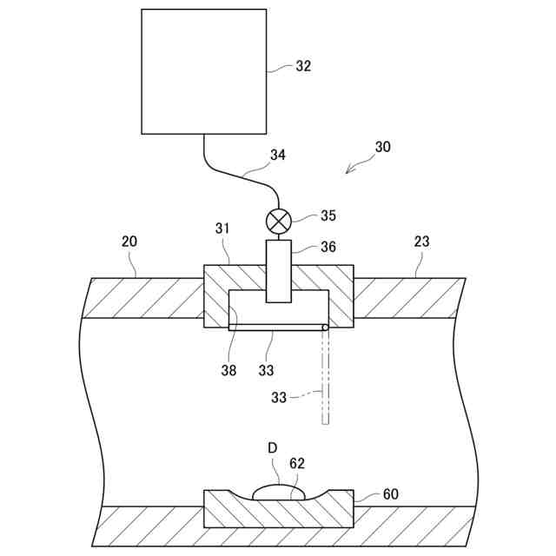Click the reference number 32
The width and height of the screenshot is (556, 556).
point(302,66)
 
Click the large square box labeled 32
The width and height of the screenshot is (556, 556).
point(204,71)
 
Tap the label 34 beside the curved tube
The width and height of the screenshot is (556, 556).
point(278,155)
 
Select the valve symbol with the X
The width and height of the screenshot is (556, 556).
point(278,221)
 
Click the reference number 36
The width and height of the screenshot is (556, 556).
point(328,247)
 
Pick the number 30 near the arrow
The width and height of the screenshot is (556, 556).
point(382,147)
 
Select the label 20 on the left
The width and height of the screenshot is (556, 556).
point(129,242)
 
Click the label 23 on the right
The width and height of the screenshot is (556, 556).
point(422,242)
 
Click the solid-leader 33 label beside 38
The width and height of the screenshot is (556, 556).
point(266,369)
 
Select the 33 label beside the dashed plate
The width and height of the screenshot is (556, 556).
point(280,399)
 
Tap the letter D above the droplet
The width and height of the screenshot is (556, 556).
point(272,447)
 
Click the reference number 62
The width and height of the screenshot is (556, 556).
point(297,464)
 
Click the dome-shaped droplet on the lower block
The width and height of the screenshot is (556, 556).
point(280,493)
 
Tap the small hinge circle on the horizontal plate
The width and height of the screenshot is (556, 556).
point(325,328)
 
